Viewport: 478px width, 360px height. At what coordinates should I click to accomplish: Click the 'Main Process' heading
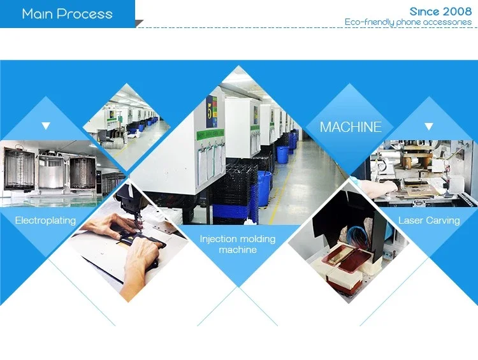68,14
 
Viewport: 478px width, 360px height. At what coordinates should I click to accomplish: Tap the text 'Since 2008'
440,11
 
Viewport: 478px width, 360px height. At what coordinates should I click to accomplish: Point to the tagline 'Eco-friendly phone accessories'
408,22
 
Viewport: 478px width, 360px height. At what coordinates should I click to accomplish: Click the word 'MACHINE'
351,127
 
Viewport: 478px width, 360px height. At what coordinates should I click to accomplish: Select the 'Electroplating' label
45,220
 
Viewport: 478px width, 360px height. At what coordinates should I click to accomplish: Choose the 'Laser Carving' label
429,220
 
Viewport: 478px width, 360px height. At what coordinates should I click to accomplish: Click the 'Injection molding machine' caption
238,244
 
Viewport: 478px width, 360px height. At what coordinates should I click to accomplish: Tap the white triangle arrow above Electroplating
46,126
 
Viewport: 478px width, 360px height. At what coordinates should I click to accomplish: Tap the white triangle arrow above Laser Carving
429,126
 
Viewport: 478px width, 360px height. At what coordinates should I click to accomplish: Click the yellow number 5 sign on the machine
211,112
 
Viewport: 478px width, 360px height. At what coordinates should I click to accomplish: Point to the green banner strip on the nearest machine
210,134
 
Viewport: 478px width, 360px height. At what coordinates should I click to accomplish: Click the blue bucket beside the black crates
264,188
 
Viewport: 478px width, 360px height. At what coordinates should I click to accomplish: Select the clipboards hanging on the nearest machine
211,164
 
